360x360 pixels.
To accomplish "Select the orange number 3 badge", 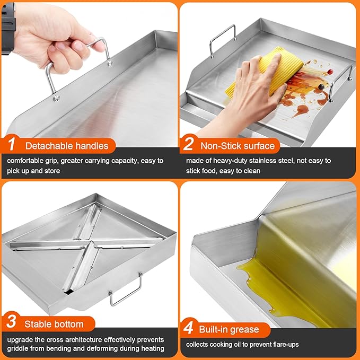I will click(12, 323).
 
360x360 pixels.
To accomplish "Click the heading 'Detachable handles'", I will click(66, 146).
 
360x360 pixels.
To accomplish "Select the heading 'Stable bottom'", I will click(54, 323).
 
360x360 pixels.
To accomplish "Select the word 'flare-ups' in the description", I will click(284, 345).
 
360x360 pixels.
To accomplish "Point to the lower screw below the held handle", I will click(55, 97).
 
